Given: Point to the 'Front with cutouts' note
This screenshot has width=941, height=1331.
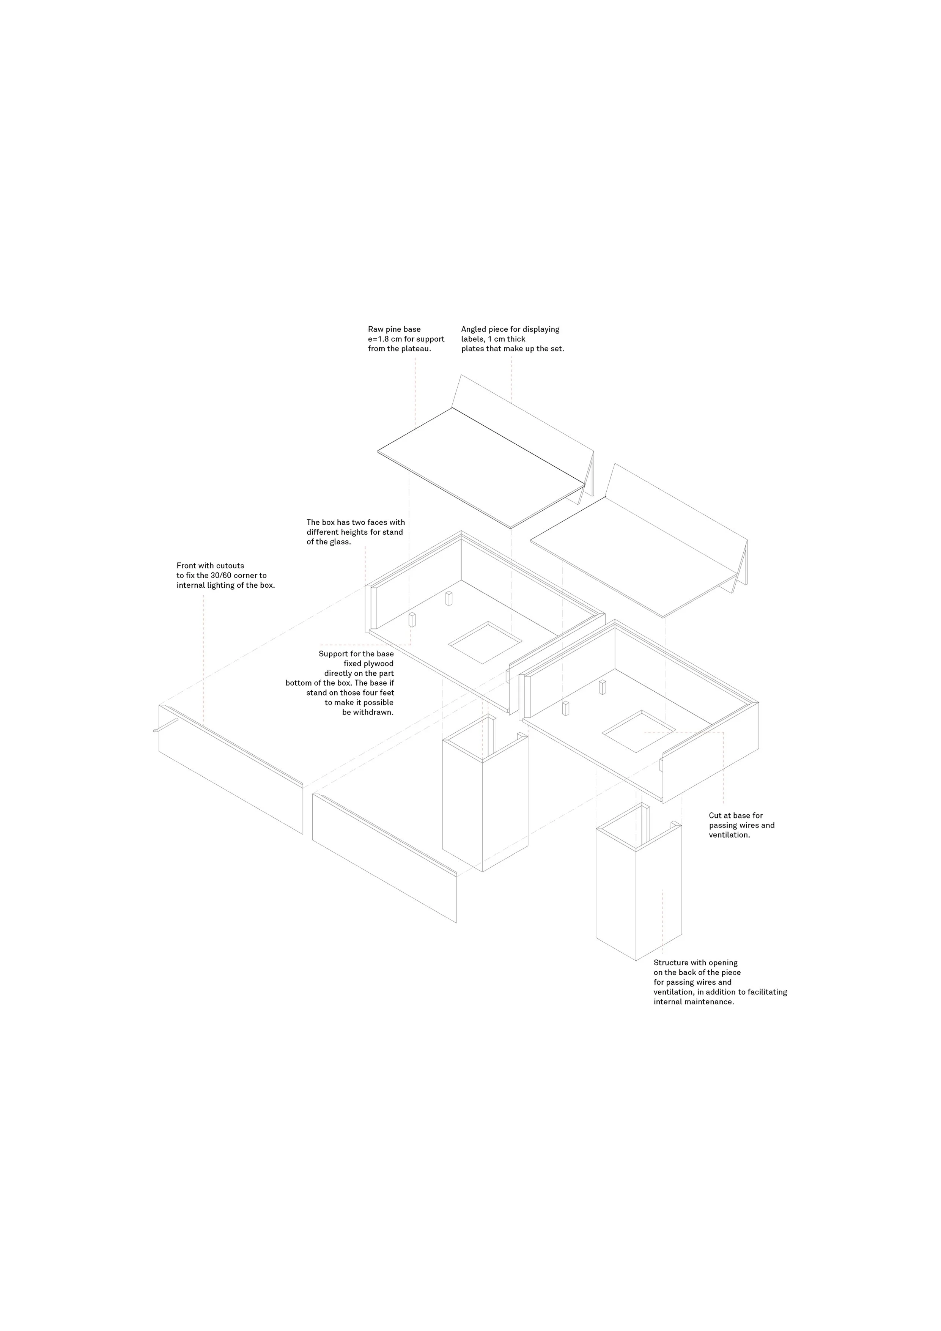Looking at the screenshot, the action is pyautogui.click(x=225, y=575).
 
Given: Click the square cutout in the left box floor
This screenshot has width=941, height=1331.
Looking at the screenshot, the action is pyautogui.click(x=485, y=642).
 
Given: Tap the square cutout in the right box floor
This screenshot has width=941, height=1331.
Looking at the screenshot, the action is pyautogui.click(x=639, y=731).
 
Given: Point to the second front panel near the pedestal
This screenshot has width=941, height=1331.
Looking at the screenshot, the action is pyautogui.click(x=384, y=858).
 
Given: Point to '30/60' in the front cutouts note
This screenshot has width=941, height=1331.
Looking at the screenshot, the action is pyautogui.click(x=212, y=576).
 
